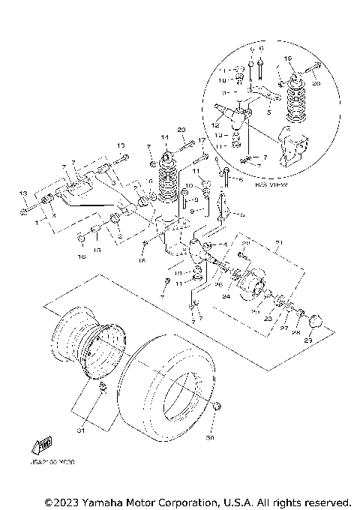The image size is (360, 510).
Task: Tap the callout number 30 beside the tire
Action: click(209, 437)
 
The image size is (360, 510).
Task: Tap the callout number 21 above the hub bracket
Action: click(277, 241)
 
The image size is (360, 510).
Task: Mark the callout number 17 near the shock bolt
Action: click(201, 140)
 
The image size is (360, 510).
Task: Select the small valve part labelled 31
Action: click(103, 388)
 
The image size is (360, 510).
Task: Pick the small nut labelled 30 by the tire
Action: click(217, 406)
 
